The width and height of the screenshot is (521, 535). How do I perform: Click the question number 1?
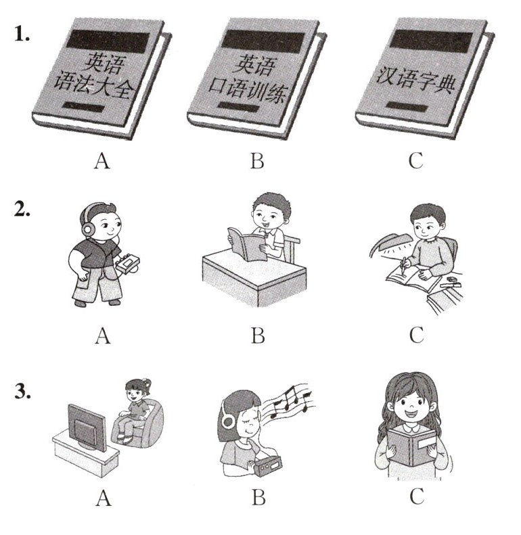click(22, 34)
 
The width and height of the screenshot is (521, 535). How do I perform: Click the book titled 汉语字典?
click(424, 78)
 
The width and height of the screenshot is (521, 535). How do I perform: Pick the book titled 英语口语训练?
click(256, 79)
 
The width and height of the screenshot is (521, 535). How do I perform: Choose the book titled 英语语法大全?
click(101, 79)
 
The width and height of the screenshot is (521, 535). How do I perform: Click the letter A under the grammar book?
click(101, 161)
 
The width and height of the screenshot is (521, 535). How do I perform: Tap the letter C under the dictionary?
click(416, 161)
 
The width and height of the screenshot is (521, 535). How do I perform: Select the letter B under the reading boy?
click(258, 335)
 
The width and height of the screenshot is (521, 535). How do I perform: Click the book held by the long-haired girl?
click(412, 447)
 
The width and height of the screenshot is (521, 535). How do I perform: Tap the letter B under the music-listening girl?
click(258, 498)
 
